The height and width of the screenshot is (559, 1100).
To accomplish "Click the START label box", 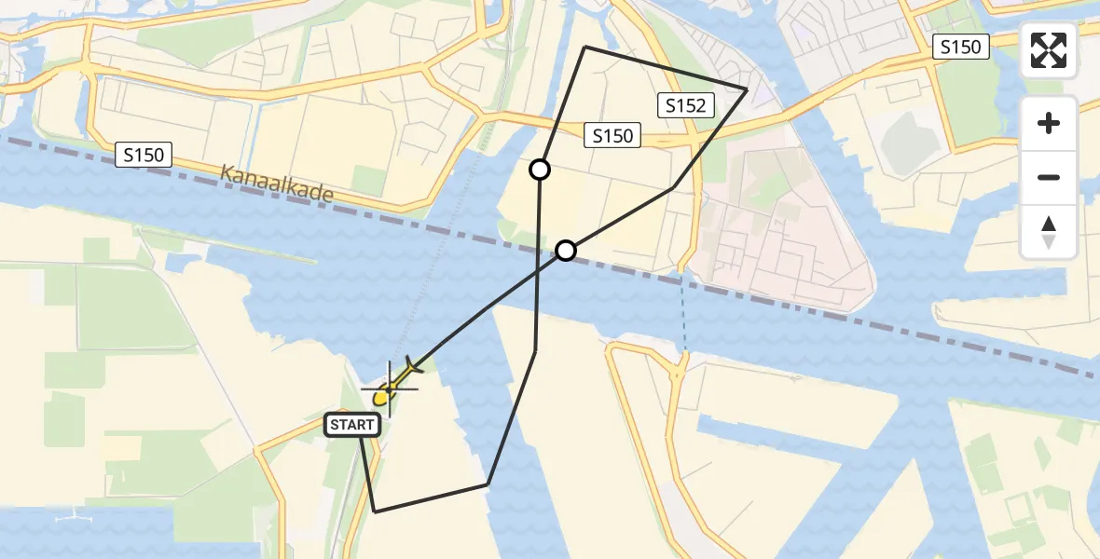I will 353,425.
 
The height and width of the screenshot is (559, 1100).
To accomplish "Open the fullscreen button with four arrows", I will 1049,50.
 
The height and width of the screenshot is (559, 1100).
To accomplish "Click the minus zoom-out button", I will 1049,177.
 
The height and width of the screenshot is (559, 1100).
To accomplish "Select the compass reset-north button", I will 1049,231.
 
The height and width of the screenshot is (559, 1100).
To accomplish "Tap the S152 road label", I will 685,105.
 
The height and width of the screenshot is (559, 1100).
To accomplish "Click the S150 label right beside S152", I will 612,136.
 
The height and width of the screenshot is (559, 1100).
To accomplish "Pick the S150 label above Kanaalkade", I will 144,155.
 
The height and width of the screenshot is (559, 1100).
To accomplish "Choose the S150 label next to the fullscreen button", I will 960,47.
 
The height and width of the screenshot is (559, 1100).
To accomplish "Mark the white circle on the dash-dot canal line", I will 566,250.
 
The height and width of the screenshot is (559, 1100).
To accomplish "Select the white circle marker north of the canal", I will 539,170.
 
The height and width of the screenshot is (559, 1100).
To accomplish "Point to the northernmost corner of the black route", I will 584,47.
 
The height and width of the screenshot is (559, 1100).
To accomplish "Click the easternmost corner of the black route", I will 747,89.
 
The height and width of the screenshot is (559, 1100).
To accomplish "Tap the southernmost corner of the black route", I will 374,511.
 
